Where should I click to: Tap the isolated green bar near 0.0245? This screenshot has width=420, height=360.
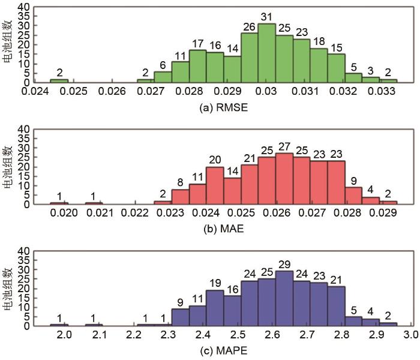click(x=59, y=80)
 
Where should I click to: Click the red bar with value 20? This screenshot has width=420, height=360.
click(x=214, y=185)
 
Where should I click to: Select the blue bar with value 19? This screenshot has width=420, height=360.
click(x=214, y=308)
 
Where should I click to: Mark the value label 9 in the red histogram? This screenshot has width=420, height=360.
click(x=353, y=179)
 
